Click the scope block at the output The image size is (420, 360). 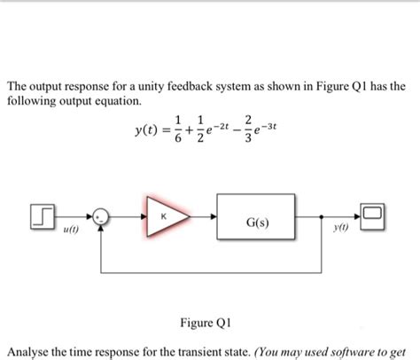click(372, 215)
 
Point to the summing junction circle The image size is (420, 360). click(103, 216)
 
